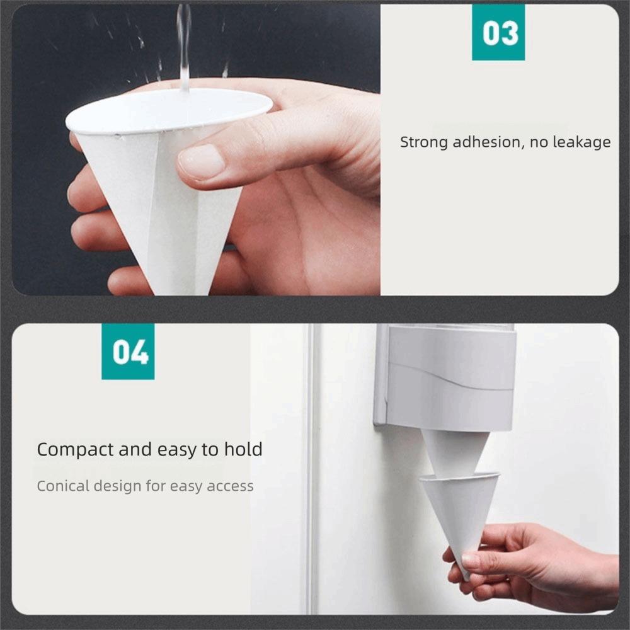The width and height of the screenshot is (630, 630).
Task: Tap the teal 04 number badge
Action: click(128, 352)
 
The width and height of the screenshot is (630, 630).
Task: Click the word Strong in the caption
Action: click(423, 142)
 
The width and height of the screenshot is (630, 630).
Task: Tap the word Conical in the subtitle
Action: click(63, 486)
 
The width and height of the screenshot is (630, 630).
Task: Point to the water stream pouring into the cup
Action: click(183, 44)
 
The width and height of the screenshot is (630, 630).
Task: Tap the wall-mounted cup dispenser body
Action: click(450, 378)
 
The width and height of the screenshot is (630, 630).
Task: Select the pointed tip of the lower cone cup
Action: click(465, 575)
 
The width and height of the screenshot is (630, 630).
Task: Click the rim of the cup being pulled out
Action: click(459, 478)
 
